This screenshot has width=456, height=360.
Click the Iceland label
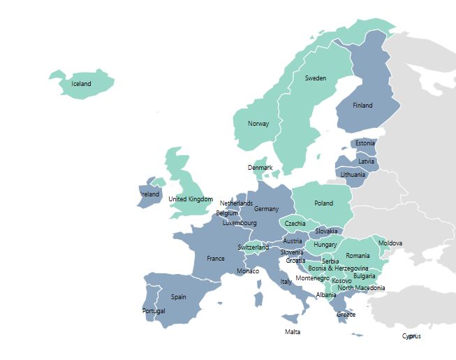82,84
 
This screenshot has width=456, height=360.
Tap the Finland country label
362,106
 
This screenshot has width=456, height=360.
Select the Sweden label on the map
315,78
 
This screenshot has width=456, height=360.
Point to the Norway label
258,124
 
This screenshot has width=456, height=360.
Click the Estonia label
365,143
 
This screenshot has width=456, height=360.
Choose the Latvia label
367,161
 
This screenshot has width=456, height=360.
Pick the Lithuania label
353,174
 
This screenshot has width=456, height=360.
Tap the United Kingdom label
191,199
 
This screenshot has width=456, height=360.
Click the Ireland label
150,194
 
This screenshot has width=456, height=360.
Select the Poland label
323,203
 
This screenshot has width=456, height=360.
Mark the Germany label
266,209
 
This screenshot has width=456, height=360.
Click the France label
216,258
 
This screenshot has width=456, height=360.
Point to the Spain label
179,296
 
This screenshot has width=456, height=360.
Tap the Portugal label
154,310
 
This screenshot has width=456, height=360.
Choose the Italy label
286,282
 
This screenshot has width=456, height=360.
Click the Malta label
293,331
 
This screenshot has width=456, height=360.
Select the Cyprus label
411,336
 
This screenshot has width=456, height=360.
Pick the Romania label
358,256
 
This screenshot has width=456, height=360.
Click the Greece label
346,315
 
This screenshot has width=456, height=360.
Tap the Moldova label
390,243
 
